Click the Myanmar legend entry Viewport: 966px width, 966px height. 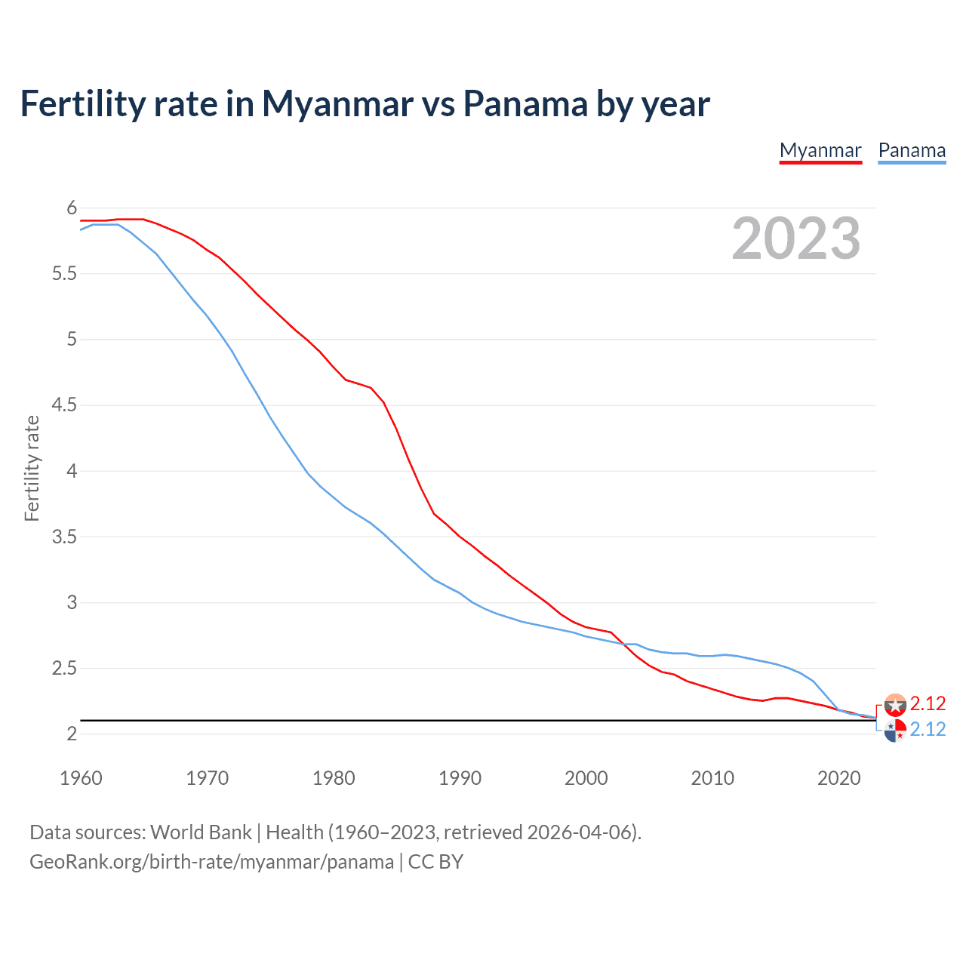820,150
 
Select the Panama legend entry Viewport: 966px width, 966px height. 912,150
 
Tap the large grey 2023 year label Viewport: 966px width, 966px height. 796,238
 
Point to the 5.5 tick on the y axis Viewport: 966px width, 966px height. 64,274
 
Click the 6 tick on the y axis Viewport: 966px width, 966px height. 72,208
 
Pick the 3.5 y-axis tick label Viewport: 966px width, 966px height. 64,537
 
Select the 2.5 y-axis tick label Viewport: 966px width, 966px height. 64,669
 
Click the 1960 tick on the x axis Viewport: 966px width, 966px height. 81,778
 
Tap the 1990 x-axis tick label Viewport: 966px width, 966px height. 460,778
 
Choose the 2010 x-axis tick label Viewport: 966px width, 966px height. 712,778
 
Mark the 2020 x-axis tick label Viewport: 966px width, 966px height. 838,778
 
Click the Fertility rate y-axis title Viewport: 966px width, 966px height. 32,468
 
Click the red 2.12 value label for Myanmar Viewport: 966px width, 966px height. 928,703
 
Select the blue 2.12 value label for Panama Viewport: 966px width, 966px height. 928,729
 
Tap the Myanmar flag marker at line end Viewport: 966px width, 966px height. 895,705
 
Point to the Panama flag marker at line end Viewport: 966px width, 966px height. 895,731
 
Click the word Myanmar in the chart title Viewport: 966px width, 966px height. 337,104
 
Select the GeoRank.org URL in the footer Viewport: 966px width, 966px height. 211,862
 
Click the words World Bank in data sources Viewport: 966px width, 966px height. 201,832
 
